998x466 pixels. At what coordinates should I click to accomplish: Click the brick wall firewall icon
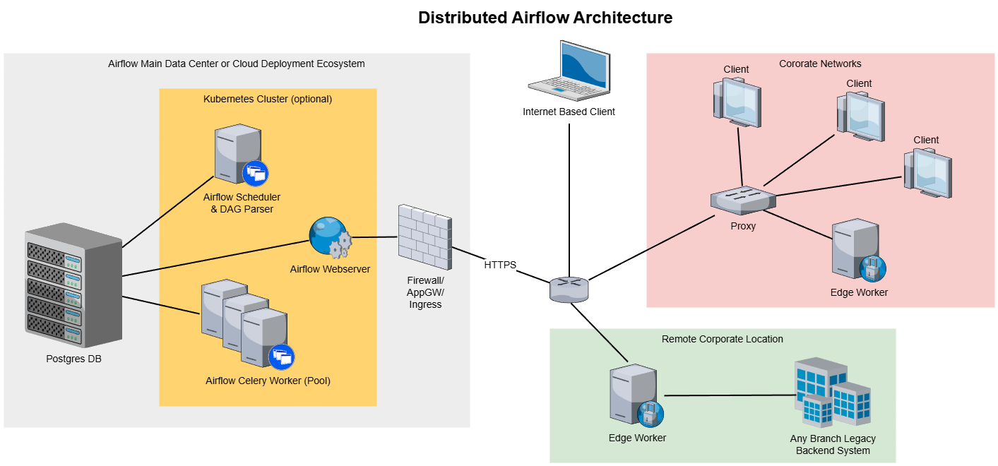pos(424,237)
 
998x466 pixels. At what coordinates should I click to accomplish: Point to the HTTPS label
pos(500,265)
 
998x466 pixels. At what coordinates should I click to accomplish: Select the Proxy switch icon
pos(743,201)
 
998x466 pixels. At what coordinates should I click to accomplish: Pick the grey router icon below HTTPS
pos(569,289)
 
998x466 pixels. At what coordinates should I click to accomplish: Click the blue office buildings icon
pos(832,394)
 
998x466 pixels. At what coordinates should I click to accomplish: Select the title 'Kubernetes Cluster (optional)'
pos(268,99)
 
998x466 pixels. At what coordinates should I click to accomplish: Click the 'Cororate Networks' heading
pos(820,64)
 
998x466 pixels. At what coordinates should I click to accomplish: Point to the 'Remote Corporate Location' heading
pos(722,339)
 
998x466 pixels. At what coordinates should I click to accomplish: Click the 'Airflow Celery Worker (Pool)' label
pos(268,381)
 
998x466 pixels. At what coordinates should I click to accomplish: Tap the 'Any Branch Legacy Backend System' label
pos(833,444)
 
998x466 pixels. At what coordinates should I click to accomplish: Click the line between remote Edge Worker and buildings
pos(727,395)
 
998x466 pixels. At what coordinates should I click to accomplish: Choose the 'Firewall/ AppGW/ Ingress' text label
pos(425,292)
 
